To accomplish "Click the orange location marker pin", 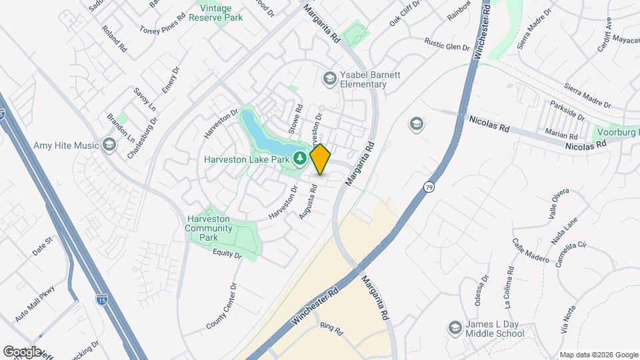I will click(x=320, y=159).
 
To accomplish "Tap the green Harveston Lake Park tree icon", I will click(x=301, y=158).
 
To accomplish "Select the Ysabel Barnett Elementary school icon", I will click(x=329, y=79).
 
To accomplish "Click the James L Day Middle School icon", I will click(x=455, y=328).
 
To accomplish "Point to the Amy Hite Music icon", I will click(x=109, y=145).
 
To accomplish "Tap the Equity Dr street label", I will click(x=227, y=253).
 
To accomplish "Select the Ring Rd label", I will click(x=331, y=329).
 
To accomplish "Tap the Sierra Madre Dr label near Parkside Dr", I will click(x=587, y=96).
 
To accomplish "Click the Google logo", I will click(x=22, y=351).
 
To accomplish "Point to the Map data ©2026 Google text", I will click(x=598, y=355).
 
